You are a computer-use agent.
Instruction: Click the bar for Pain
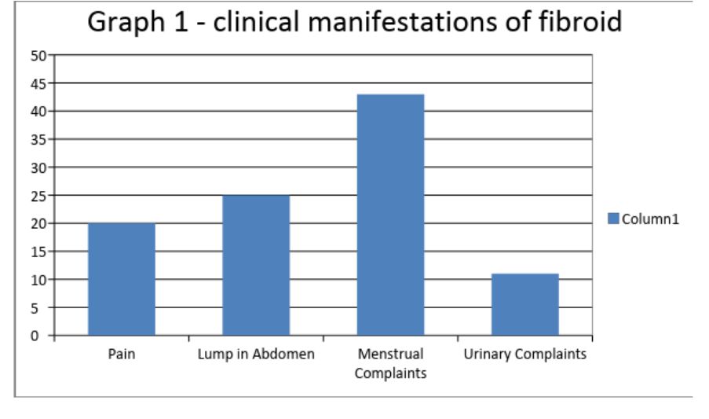pos(122,279)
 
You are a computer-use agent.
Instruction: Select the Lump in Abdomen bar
pos(256,265)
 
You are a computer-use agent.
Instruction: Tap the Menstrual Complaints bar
pos(391,215)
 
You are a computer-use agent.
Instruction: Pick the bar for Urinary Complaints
pos(525,304)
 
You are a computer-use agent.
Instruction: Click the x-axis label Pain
pos(122,354)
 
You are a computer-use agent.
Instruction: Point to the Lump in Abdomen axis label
pos(256,354)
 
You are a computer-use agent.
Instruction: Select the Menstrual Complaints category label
pos(391,363)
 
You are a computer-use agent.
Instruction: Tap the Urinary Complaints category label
pos(525,354)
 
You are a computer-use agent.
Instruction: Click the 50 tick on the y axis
pos(38,56)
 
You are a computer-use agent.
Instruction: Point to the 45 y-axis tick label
pos(38,83)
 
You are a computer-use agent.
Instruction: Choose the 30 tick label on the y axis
pos(38,168)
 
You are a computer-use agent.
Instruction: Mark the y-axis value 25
pos(38,196)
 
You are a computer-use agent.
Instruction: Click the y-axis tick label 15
pos(38,252)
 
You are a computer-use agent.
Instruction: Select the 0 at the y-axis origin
pos(35,336)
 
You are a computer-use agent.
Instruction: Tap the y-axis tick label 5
pos(35,308)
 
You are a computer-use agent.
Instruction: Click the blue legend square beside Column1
pos(613,219)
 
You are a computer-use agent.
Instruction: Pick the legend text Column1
pos(650,219)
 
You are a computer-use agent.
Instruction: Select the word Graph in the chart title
pos(126,23)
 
